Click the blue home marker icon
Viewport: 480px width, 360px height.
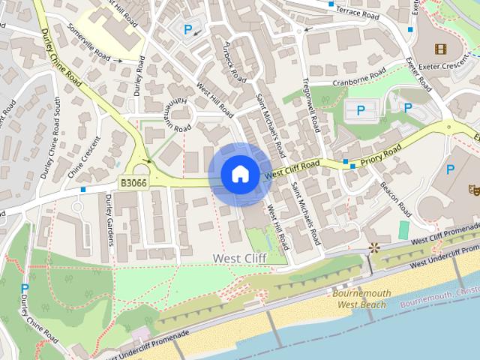click(240, 175)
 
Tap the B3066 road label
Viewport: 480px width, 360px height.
click(133, 181)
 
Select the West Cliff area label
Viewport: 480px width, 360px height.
click(238, 258)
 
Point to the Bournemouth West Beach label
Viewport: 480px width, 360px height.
click(359, 299)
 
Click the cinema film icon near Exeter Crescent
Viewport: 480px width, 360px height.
click(439, 49)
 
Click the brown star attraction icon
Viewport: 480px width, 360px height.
click(373, 247)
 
